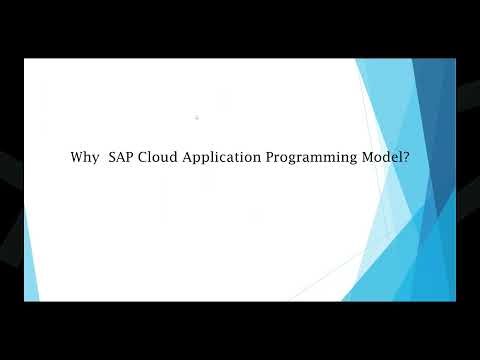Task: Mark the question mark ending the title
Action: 406,157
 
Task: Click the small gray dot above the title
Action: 197,118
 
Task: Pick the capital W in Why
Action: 77,157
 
